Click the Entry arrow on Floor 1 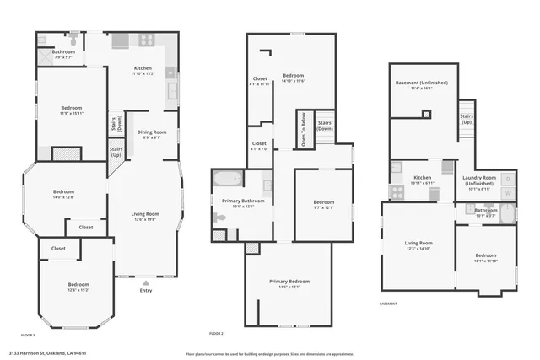tap(145, 283)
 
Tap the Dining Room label tap(152, 132)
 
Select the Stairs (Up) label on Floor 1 tap(116, 153)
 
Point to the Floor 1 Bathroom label tap(64, 52)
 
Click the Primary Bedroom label tap(289, 281)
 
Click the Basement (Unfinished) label tap(422, 83)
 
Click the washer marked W tap(508, 194)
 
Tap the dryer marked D tap(508, 179)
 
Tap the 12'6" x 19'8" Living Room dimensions tap(145, 219)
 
